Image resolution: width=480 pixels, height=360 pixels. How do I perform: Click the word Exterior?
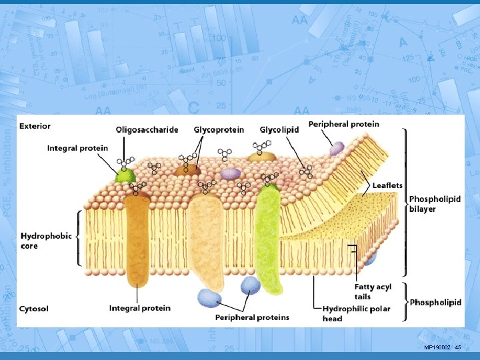point(35,125)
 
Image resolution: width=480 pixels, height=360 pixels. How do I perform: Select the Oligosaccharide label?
point(147,130)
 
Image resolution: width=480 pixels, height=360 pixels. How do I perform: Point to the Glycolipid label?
point(279,130)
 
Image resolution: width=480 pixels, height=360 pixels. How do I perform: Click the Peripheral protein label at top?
point(343,124)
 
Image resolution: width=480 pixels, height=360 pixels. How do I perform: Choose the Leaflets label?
point(387,185)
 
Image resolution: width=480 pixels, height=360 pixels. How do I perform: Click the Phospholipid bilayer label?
point(435,204)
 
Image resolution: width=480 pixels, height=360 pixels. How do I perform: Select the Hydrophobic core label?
point(46,241)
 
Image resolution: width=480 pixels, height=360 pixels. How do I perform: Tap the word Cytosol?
point(33,309)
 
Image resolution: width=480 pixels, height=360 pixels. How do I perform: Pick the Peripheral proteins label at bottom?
point(252,317)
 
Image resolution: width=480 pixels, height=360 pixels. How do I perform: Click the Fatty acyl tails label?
point(372,291)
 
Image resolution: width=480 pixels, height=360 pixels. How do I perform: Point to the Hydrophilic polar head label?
point(356,313)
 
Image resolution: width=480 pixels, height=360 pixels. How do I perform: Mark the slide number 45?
point(458,348)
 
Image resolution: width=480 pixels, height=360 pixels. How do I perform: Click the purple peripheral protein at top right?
point(337,148)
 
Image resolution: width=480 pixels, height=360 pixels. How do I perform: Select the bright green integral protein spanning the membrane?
point(271,240)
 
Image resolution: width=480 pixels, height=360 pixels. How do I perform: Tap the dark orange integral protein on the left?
point(137,240)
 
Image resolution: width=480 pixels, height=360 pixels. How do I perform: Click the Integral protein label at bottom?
point(139,309)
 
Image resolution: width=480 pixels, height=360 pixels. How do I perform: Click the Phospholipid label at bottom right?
point(435,303)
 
